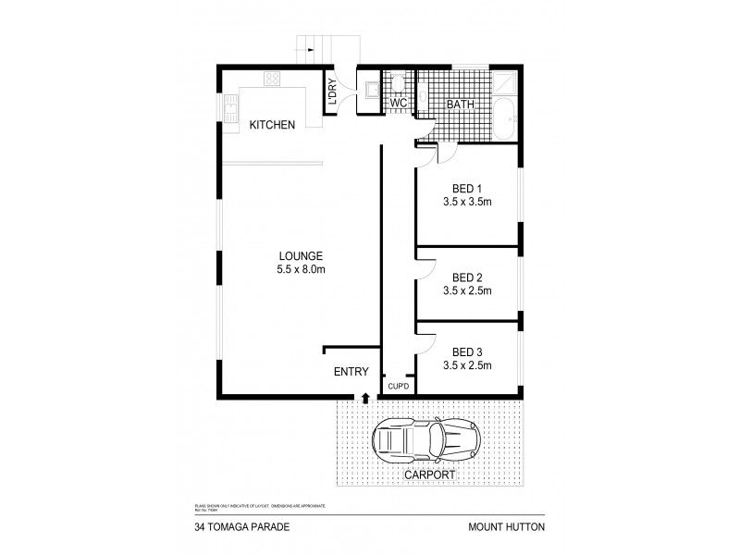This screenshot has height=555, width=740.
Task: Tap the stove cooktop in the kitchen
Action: [x=273, y=80]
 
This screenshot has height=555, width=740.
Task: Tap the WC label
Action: [x=399, y=105]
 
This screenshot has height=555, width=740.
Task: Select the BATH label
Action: [x=460, y=105]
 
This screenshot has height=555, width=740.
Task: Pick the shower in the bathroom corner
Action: [x=505, y=83]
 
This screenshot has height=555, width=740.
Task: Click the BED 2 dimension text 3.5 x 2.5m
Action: [x=467, y=290]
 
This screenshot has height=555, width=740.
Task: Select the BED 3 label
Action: [x=467, y=351]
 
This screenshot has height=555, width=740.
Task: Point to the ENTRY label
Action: [x=351, y=372]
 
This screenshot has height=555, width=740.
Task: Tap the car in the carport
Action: [x=426, y=441]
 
